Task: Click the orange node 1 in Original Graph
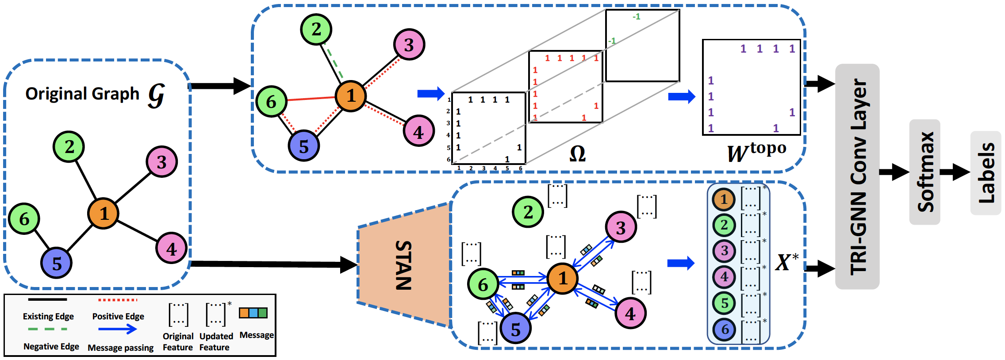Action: (103, 213)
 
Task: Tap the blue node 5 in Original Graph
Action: (56, 263)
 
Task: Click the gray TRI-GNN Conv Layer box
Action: (857, 177)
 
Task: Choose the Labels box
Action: (986, 172)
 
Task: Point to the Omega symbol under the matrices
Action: (577, 154)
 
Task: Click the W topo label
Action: (756, 152)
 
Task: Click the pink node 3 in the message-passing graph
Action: (621, 227)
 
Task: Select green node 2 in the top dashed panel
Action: (316, 30)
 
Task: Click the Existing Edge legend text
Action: (48, 317)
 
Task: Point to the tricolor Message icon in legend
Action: (253, 313)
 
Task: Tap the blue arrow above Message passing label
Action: (118, 329)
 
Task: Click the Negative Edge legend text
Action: (51, 346)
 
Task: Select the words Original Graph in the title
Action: (82, 94)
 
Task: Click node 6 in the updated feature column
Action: (725, 329)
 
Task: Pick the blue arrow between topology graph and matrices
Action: (430, 93)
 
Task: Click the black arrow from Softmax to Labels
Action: (955, 172)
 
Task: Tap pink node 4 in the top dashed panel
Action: (418, 131)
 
